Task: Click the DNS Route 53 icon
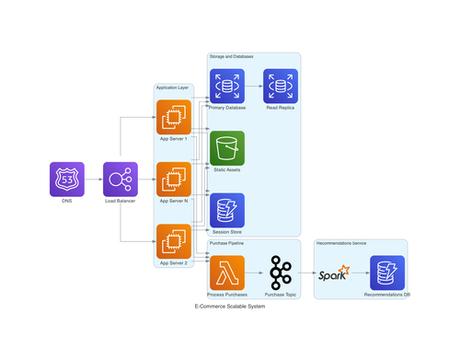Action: (x=66, y=180)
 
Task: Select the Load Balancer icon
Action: (x=121, y=180)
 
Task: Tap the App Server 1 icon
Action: (x=173, y=118)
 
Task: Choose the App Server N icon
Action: (x=173, y=180)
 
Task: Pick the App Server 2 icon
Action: (x=173, y=242)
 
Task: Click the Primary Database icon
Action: (x=227, y=87)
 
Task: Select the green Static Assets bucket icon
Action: (x=227, y=148)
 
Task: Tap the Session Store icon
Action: (x=227, y=211)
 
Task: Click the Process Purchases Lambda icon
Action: (x=227, y=273)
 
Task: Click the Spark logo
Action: (x=333, y=273)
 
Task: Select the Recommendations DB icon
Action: (x=387, y=273)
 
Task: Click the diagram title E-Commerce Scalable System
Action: (x=230, y=306)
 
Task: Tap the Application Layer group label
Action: (x=172, y=88)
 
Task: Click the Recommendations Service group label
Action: (x=341, y=243)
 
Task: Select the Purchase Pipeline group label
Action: (x=226, y=243)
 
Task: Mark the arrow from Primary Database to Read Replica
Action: (x=254, y=87)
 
